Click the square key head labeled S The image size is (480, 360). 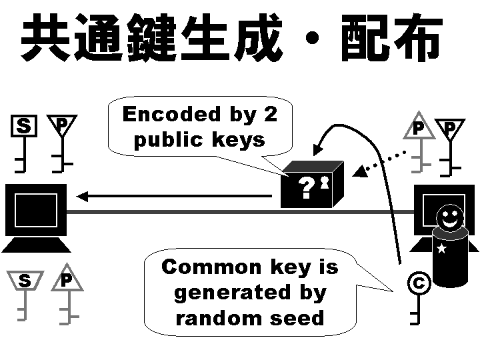(x=24, y=125)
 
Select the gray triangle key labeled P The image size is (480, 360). (x=418, y=127)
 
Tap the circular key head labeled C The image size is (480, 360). (x=418, y=284)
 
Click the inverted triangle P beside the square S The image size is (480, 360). (x=61, y=124)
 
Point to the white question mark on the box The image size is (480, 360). (x=306, y=189)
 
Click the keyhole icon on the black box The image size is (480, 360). (x=325, y=182)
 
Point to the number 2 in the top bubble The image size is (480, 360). (x=269, y=115)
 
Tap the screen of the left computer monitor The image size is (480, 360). (x=35, y=212)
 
